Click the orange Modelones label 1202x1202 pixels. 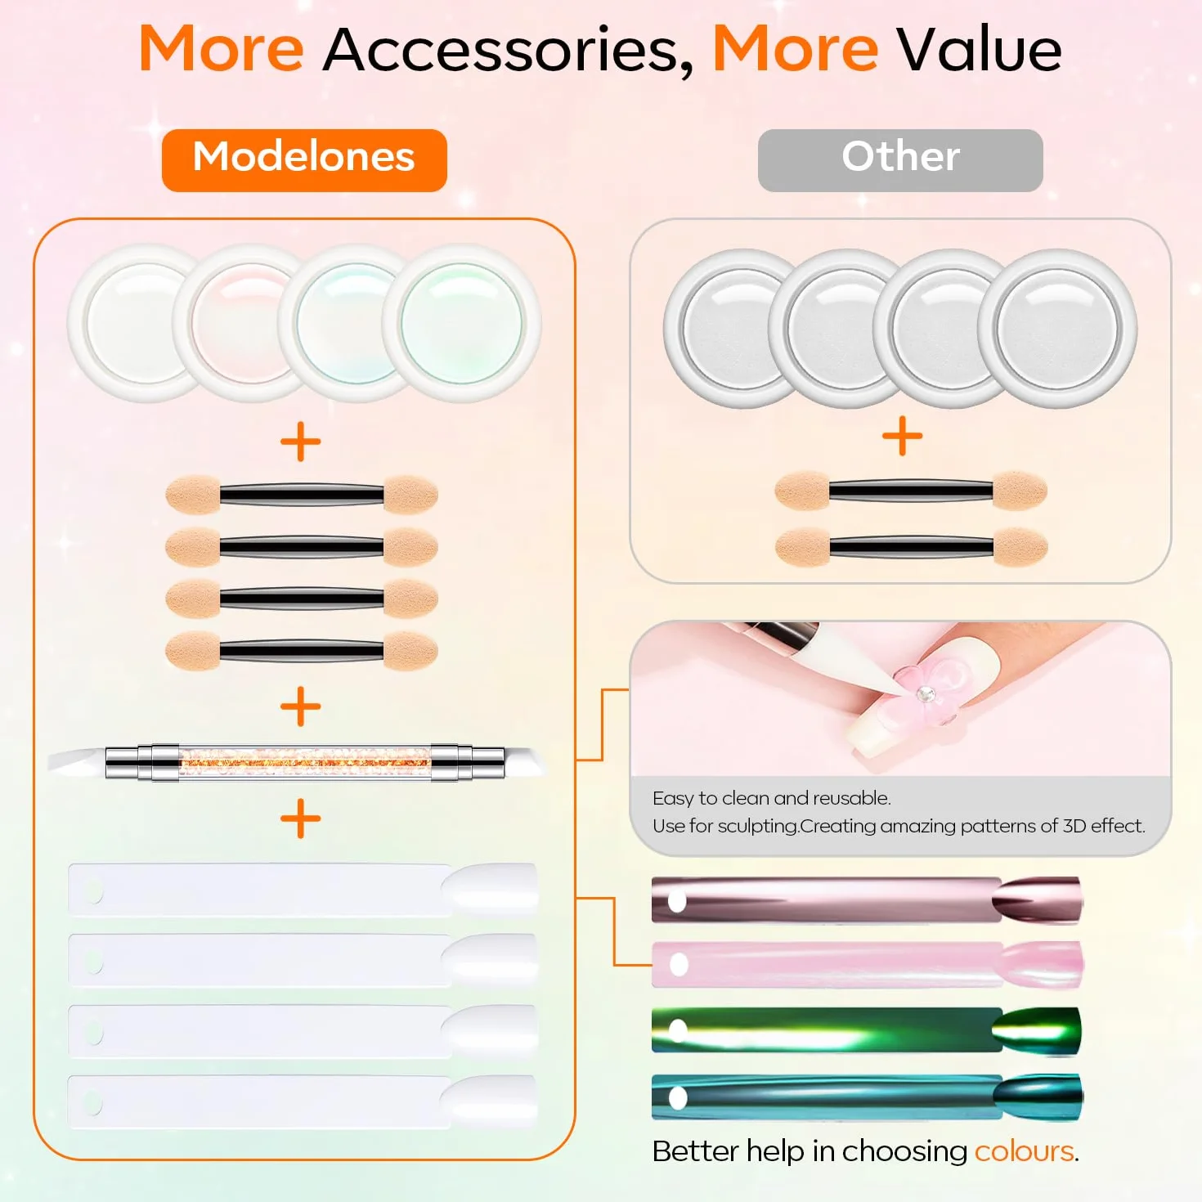[304, 160]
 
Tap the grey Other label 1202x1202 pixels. [900, 160]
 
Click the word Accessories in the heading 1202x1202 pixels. [509, 50]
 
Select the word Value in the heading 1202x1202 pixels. [979, 49]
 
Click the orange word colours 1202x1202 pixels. [1025, 1151]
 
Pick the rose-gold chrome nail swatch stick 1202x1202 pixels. [867, 900]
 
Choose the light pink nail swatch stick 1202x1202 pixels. [867, 964]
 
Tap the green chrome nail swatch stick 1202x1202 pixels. [867, 1030]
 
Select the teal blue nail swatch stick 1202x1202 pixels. [867, 1097]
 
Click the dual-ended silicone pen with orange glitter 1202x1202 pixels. [298, 763]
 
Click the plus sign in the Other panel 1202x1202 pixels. [902, 436]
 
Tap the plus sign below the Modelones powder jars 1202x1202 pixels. [301, 442]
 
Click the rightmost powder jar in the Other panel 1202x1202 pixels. [1058, 329]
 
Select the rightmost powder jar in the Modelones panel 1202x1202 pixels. [462, 323]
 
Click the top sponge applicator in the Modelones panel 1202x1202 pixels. [302, 495]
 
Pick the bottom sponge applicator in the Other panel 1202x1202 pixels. [912, 547]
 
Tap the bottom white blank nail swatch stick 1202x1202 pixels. [303, 1102]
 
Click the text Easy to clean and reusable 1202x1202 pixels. [772, 798]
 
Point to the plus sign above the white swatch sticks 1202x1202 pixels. [301, 819]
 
